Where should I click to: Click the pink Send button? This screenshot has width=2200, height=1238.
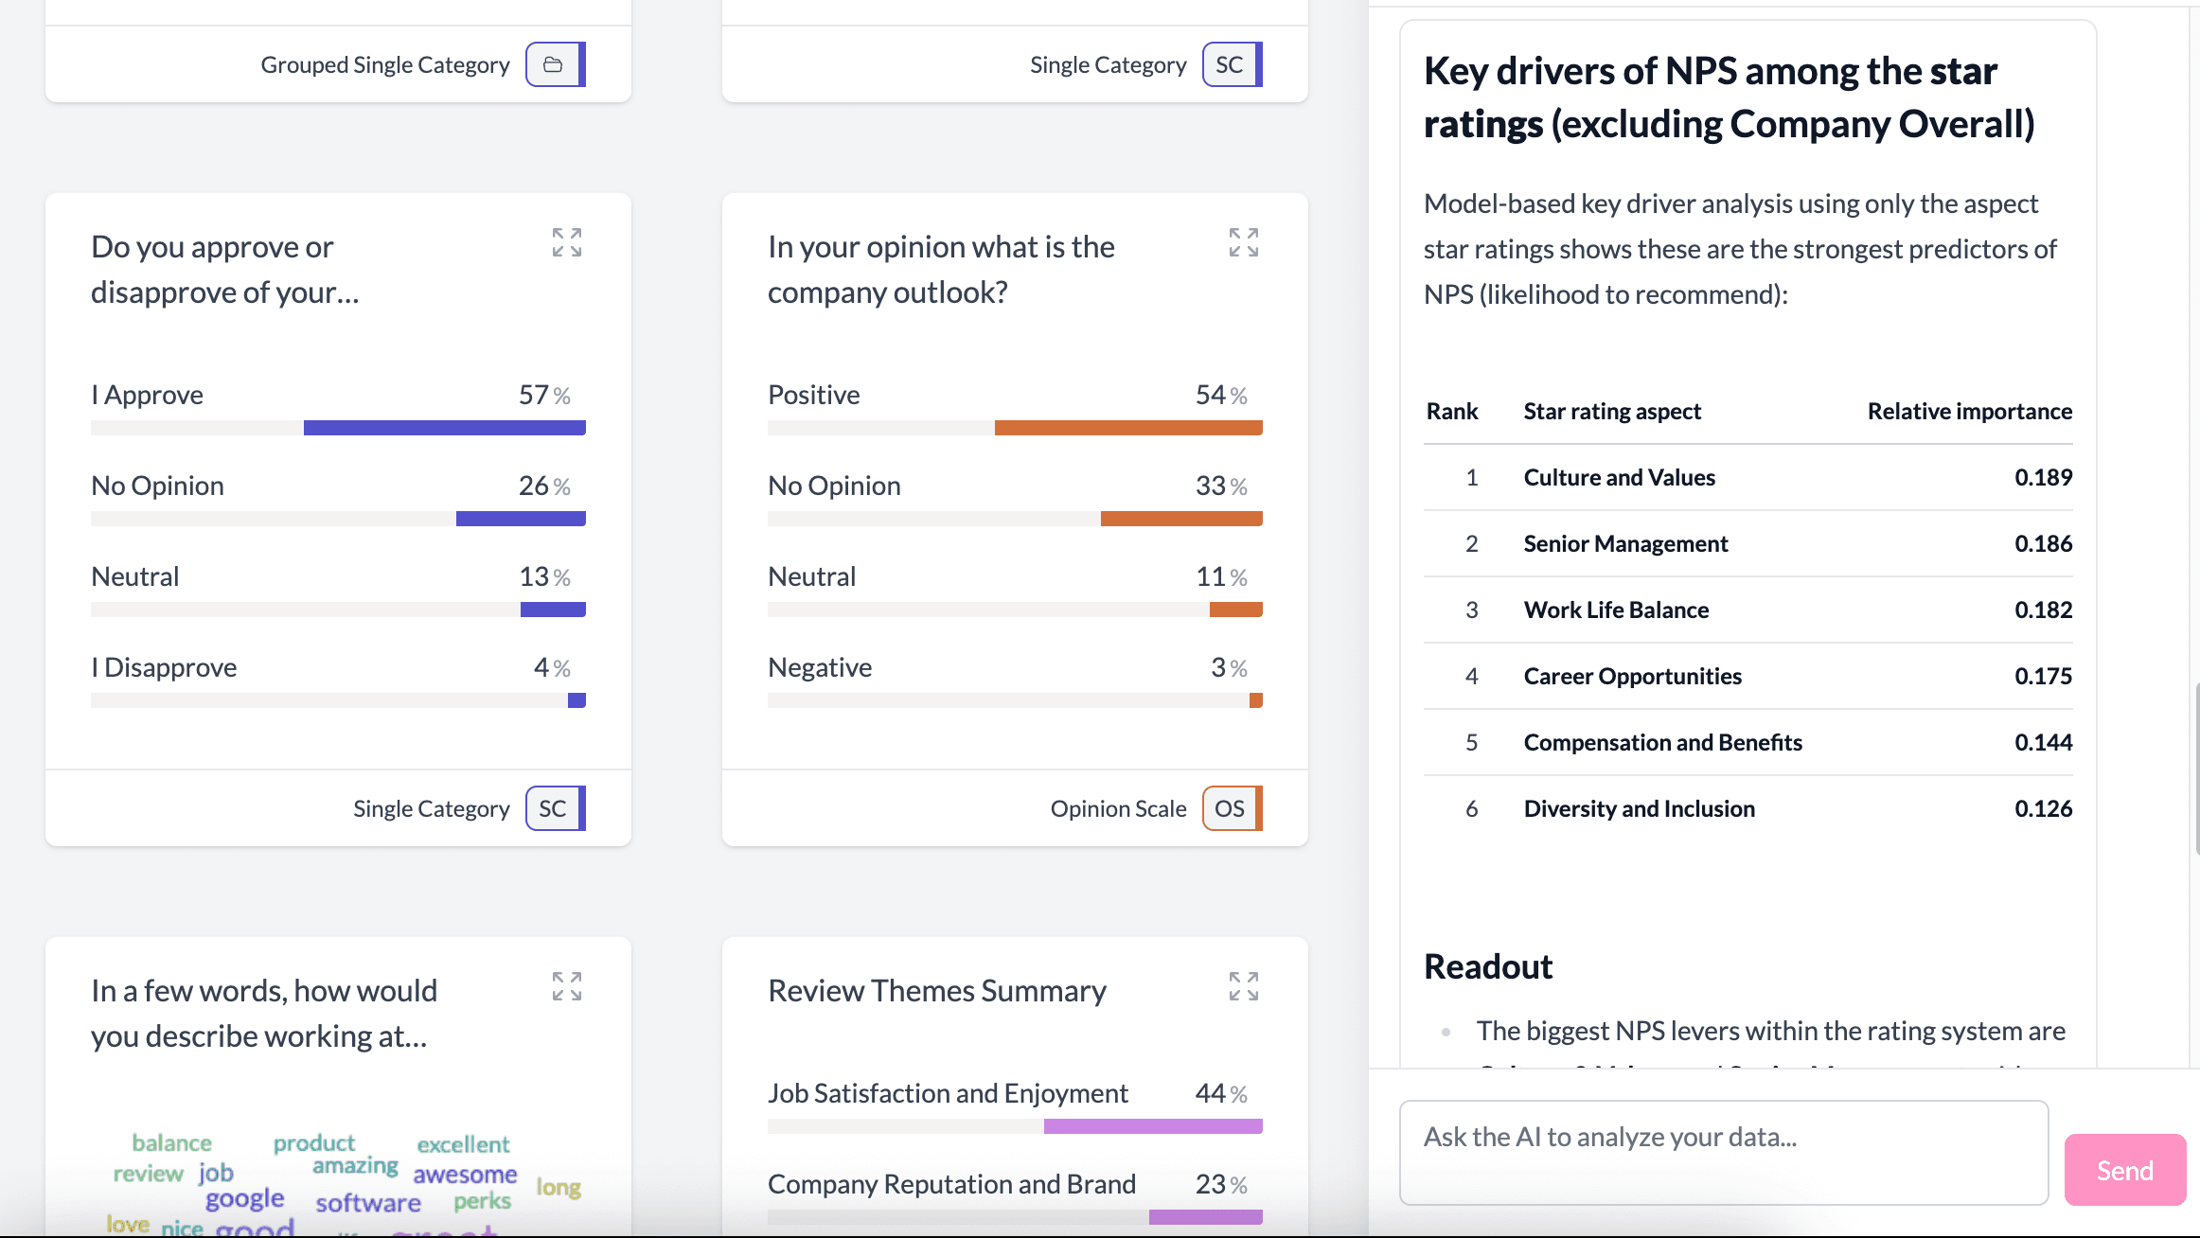(2124, 1170)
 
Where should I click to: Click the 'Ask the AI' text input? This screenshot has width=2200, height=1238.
(1723, 1151)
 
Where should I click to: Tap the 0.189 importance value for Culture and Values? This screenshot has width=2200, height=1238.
(2043, 478)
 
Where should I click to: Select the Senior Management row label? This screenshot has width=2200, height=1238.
(1625, 544)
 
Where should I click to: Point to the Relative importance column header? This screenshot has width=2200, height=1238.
(1969, 412)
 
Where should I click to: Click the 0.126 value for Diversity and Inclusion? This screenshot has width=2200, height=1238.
(2043, 809)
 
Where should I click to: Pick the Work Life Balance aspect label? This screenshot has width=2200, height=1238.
(1616, 610)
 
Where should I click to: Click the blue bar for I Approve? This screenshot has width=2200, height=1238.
(444, 428)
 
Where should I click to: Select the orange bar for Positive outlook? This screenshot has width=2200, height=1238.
(1127, 428)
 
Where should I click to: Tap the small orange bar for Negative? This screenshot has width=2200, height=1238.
(1255, 700)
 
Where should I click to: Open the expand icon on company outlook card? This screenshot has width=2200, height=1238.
(1243, 242)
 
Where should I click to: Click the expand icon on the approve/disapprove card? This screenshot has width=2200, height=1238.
(566, 242)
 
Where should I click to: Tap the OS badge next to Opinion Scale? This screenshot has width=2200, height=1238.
(1230, 808)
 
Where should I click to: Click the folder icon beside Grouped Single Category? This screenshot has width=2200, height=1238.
(554, 64)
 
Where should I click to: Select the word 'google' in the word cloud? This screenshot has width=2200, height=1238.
(244, 1198)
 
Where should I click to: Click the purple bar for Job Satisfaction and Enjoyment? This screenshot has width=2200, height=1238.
(1152, 1126)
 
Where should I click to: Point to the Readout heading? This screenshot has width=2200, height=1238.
(1488, 966)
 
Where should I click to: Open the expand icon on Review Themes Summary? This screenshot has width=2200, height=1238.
(1243, 986)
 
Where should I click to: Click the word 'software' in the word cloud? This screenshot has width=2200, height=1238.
(368, 1203)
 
